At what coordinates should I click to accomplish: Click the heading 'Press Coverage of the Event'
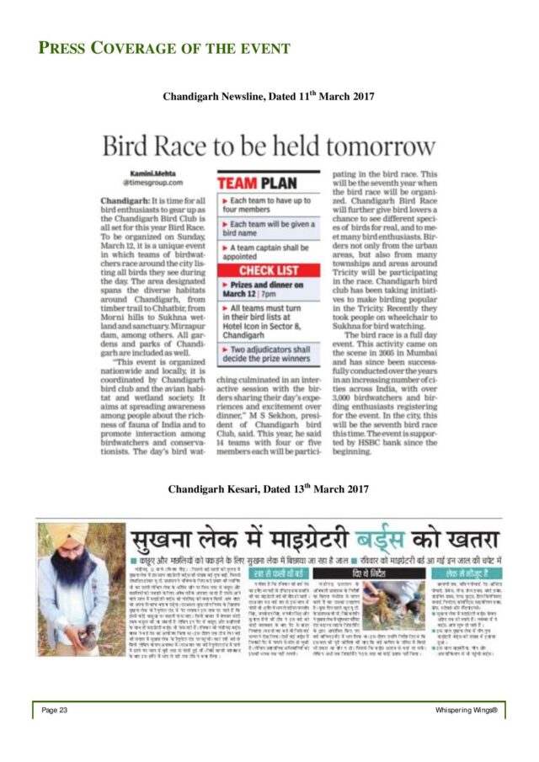tap(164, 48)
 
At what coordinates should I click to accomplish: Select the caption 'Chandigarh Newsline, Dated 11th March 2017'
tap(269, 98)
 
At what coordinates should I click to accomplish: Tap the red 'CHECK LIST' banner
tap(269, 270)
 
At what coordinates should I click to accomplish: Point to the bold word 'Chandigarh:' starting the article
tap(130, 201)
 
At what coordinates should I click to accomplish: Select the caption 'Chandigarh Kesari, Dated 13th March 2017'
tap(268, 489)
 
